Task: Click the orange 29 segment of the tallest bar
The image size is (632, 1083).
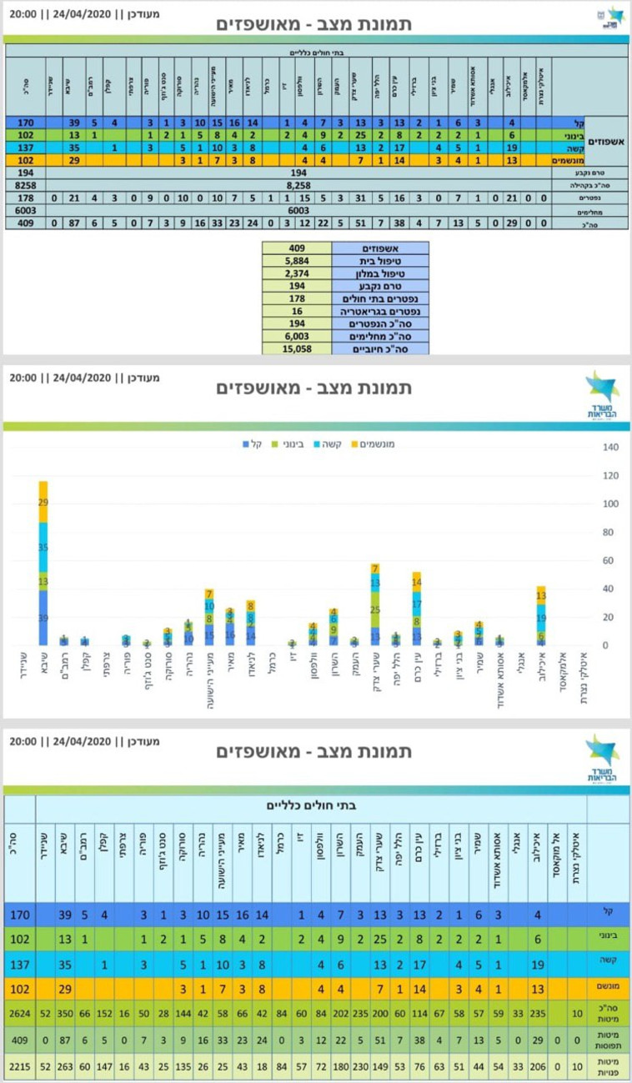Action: pyautogui.click(x=43, y=503)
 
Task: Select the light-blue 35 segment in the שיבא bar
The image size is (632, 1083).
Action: pyautogui.click(x=43, y=548)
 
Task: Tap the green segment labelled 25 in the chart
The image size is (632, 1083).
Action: pyautogui.click(x=375, y=609)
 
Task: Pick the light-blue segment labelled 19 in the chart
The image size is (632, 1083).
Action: pyautogui.click(x=540, y=618)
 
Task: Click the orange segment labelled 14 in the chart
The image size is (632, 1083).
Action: pyautogui.click(x=417, y=581)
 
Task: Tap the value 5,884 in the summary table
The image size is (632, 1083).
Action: pyautogui.click(x=296, y=259)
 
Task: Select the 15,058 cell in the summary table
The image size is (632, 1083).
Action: pyautogui.click(x=296, y=348)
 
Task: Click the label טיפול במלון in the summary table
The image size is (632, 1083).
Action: pyautogui.click(x=380, y=272)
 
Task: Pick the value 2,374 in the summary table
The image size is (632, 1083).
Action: pyautogui.click(x=296, y=272)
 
